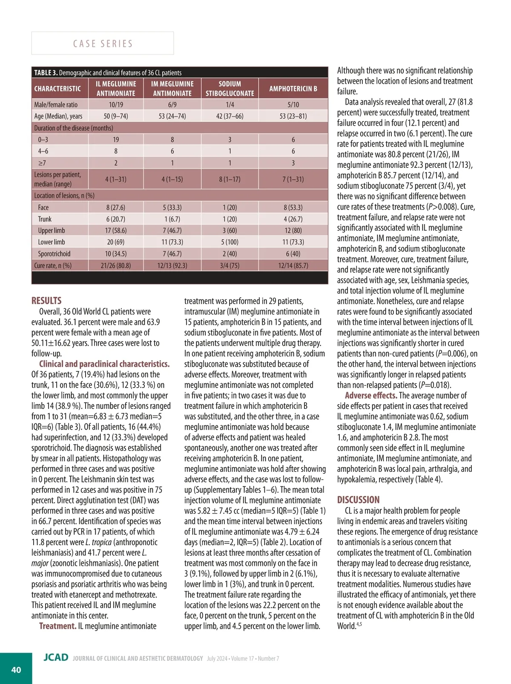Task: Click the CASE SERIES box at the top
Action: tap(103, 43)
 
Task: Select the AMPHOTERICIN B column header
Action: tap(293, 89)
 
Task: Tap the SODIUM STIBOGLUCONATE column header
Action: tap(230, 89)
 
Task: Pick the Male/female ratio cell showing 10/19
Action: tap(116, 104)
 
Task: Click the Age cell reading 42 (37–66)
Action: tap(230, 116)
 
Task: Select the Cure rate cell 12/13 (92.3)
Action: tap(172, 265)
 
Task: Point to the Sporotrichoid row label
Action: tap(54, 254)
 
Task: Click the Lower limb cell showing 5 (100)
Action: tap(230, 242)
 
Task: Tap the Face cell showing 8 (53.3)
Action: tap(293, 207)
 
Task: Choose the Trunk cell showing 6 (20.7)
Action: tap(116, 219)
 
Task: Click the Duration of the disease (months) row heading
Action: tap(74, 128)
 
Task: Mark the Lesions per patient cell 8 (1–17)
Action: tap(230, 179)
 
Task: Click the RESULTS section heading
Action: tap(46, 301)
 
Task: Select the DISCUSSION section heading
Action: tap(358, 500)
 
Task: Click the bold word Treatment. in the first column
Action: tap(58, 626)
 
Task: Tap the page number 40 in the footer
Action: tap(16, 670)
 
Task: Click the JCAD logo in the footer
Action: tap(56, 658)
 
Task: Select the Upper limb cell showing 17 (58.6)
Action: tap(116, 230)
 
